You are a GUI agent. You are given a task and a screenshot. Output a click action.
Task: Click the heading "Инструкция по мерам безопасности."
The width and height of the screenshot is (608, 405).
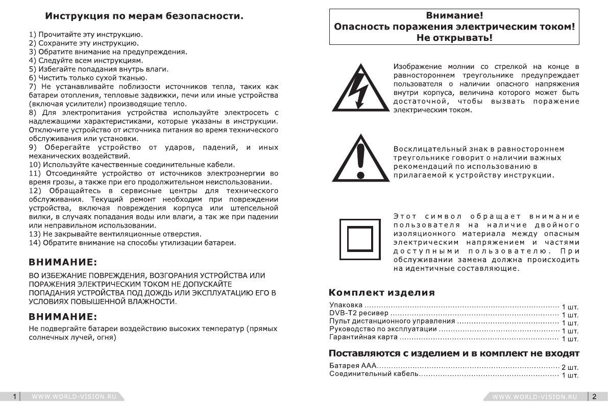(x=144, y=16)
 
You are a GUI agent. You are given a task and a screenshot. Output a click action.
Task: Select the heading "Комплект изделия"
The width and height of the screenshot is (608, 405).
(x=382, y=292)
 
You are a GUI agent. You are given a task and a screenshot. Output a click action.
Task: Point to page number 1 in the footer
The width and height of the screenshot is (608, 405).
(x=15, y=396)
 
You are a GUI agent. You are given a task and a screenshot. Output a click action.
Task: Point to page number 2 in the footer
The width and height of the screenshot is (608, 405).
(x=594, y=396)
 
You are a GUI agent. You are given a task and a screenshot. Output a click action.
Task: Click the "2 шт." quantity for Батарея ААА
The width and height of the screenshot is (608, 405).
(x=570, y=368)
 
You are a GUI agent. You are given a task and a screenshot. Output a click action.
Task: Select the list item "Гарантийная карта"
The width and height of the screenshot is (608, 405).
(x=363, y=338)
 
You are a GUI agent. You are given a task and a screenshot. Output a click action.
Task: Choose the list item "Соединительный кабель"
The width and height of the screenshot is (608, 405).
(x=374, y=375)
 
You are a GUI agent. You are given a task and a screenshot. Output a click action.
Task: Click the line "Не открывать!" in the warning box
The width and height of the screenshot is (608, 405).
(x=454, y=38)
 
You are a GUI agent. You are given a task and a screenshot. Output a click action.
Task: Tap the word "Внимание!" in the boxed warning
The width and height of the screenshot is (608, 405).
(x=454, y=16)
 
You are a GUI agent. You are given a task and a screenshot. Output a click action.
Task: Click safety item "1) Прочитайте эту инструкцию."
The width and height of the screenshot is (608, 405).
(x=85, y=35)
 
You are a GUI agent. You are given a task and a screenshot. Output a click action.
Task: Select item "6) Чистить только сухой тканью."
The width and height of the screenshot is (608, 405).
(x=88, y=78)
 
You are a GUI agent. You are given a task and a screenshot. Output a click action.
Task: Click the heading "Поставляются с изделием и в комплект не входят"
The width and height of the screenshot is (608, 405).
(x=454, y=353)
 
